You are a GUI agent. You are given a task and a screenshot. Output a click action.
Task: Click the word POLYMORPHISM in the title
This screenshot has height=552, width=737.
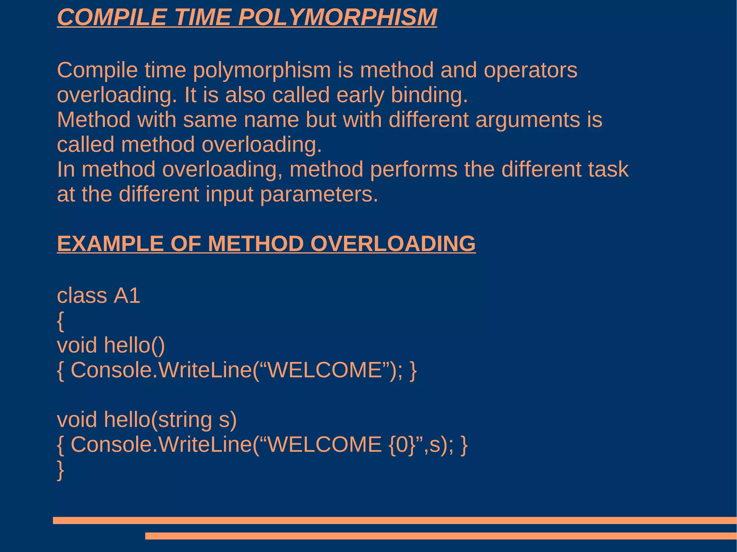click(x=338, y=17)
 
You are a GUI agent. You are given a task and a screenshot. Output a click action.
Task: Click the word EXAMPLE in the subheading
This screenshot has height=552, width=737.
click(x=110, y=243)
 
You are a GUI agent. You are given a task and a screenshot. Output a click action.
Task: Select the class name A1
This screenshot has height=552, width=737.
click(x=127, y=296)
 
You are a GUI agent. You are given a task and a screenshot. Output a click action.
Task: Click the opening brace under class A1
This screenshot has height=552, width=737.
click(x=60, y=321)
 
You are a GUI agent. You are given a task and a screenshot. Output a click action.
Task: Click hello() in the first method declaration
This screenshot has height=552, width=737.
click(x=134, y=345)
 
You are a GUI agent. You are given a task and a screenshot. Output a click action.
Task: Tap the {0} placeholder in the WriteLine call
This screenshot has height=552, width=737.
click(x=402, y=444)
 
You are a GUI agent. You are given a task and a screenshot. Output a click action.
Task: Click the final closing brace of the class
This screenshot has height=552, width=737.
click(x=60, y=470)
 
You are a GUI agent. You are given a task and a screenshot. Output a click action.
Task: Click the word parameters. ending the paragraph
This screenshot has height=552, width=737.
click(x=319, y=195)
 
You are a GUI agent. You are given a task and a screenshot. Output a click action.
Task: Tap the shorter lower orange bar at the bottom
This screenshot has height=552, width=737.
click(x=440, y=536)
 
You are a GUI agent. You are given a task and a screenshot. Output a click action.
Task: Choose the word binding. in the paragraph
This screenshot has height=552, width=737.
click(x=429, y=95)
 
